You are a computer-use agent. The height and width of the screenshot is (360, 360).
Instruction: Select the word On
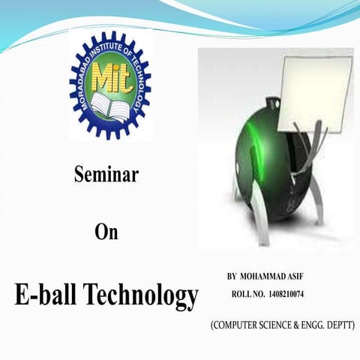click(x=106, y=232)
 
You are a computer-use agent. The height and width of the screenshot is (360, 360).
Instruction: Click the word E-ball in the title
click(x=46, y=295)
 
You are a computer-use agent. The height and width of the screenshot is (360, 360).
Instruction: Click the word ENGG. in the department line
click(x=316, y=325)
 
